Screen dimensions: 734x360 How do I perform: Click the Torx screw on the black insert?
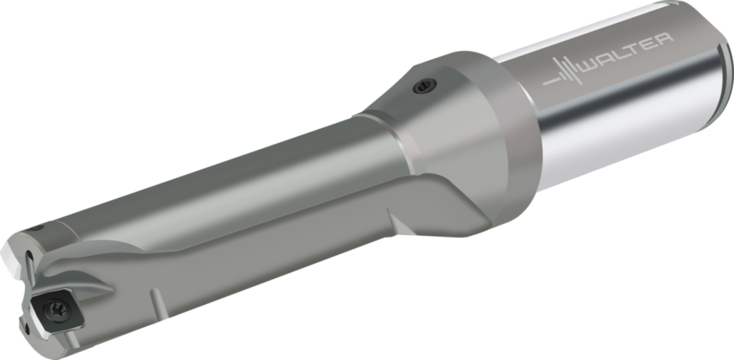57,308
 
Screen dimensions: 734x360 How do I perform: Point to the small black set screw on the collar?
424,85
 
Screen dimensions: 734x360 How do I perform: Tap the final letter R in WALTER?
664,40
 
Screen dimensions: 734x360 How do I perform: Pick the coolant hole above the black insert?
29,255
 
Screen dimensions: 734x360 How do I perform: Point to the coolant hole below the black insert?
27,328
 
